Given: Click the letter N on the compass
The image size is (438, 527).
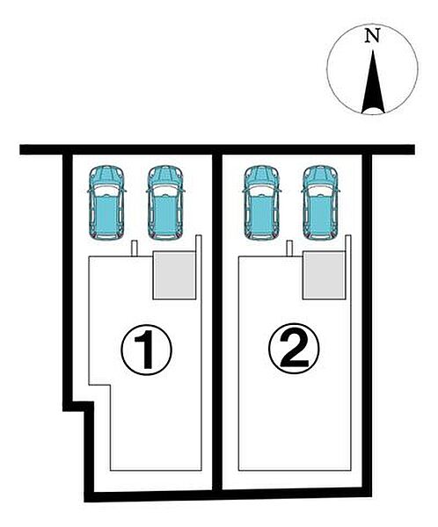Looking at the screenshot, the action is pos(372,36).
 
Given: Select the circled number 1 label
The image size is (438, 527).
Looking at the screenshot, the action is pos(147,350).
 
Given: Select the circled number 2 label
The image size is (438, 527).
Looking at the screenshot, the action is pos(294,349).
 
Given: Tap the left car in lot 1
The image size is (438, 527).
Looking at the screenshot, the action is pos(106,203).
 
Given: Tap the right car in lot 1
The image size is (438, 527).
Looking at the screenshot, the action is pos(165,203).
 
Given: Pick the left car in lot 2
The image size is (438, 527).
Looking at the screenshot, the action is pos(261,203).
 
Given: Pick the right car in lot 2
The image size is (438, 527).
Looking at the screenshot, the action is pos(320,203).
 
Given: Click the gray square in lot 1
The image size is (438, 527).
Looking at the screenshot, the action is pos(174,275).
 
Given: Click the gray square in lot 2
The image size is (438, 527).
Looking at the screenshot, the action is pos(325,275).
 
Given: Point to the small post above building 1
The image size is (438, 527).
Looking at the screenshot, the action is pos(134,249).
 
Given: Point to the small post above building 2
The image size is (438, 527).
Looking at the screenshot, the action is pos(289,249).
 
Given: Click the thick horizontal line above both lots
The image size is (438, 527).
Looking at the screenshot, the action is pos(217,149).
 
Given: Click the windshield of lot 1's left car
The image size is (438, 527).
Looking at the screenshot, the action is pos(106,191).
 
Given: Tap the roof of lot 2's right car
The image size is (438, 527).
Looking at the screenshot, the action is pos(320,213).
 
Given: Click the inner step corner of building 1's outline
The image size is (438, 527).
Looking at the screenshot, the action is pos(111,385).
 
